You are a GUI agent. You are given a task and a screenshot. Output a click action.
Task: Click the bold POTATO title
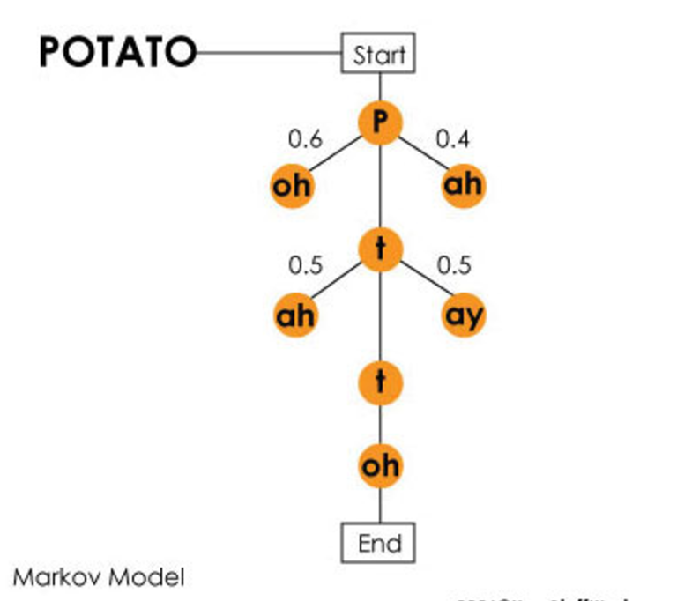point(116,53)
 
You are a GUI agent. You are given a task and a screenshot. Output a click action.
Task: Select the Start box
point(378,55)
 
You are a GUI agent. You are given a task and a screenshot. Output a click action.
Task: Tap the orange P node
point(380,122)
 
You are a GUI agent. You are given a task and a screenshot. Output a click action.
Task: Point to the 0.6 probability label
point(305,139)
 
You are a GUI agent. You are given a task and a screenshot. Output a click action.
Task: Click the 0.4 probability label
point(453,138)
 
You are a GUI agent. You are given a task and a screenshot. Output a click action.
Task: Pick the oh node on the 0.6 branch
point(292,186)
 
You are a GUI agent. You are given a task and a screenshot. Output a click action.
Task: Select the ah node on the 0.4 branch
point(463,185)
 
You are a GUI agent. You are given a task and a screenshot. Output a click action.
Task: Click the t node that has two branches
point(380,250)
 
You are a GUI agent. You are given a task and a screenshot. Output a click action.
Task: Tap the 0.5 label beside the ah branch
point(305,265)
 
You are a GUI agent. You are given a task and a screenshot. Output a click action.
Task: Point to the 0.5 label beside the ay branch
point(453,265)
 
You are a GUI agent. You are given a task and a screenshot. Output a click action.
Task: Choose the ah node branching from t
point(295,315)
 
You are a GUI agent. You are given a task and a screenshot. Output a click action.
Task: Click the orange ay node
point(463,315)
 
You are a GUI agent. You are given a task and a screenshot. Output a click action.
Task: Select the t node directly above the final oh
point(380,382)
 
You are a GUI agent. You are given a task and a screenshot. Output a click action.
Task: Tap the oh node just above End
point(380,464)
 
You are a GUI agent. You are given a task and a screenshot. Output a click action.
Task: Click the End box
point(378,543)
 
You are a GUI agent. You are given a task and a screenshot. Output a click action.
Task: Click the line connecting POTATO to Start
point(269,53)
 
